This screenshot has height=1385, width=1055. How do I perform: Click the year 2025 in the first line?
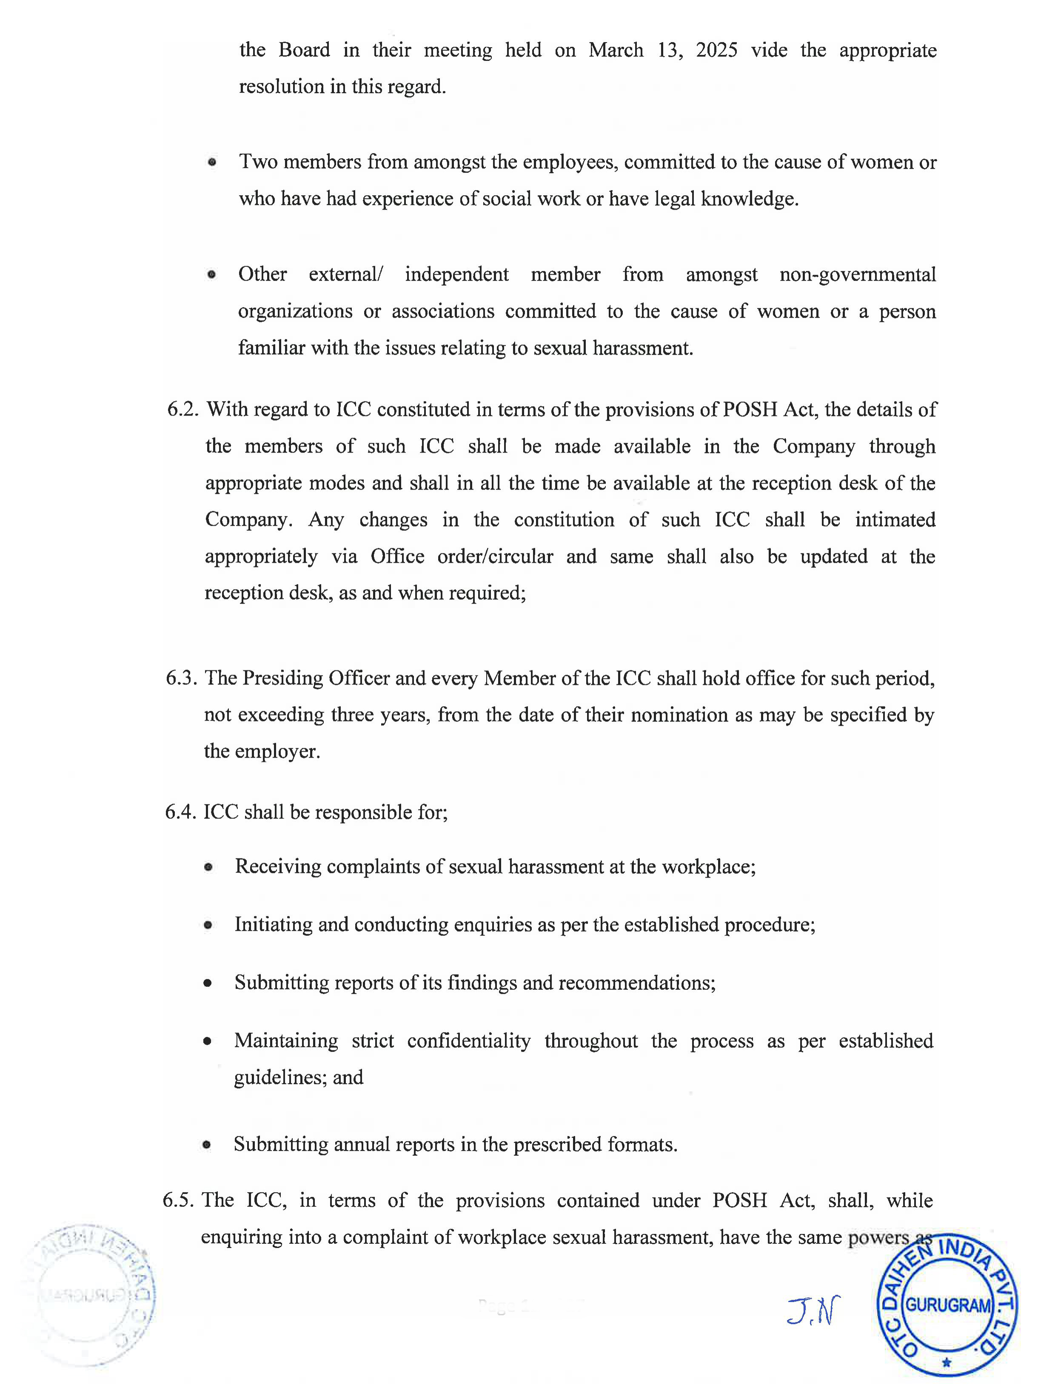point(716,50)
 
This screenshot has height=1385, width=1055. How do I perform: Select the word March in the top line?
point(616,50)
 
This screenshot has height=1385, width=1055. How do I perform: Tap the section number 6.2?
point(183,410)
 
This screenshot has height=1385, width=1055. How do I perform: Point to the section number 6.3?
point(182,679)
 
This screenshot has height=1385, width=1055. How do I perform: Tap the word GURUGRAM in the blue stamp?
point(948,1305)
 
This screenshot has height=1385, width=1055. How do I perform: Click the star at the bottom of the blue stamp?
point(947,1363)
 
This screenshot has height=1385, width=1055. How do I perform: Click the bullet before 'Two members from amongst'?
point(212,162)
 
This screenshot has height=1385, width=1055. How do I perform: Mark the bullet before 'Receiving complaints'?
point(208,868)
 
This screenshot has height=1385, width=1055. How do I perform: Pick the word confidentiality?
point(468,1041)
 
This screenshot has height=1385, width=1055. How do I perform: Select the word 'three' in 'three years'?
point(353,715)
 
